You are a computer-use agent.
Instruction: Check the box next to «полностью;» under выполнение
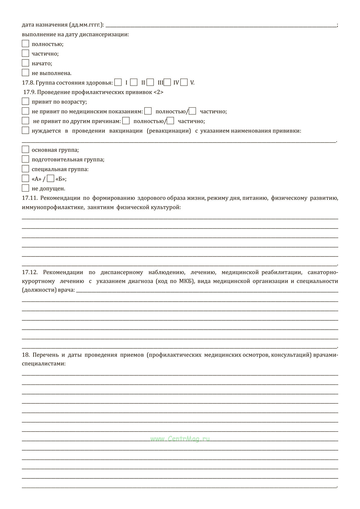25,44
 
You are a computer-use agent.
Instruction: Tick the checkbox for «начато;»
25,63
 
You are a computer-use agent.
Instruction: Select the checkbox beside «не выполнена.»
25,73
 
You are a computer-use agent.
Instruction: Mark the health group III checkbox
150,82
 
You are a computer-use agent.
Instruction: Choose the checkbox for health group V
184,82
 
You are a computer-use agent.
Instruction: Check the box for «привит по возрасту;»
25,101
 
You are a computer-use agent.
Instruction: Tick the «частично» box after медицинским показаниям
193,111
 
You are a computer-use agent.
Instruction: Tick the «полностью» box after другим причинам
126,121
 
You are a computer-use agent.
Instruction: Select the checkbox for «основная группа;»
25,150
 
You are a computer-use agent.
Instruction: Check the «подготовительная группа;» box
25,159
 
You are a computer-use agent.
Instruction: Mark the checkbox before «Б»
51,179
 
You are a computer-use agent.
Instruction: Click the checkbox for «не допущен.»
25,188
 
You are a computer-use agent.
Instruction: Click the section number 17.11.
29,198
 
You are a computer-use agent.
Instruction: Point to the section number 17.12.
29,272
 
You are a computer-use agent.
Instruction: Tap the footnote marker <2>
158,92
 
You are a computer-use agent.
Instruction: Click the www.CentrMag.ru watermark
180,439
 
